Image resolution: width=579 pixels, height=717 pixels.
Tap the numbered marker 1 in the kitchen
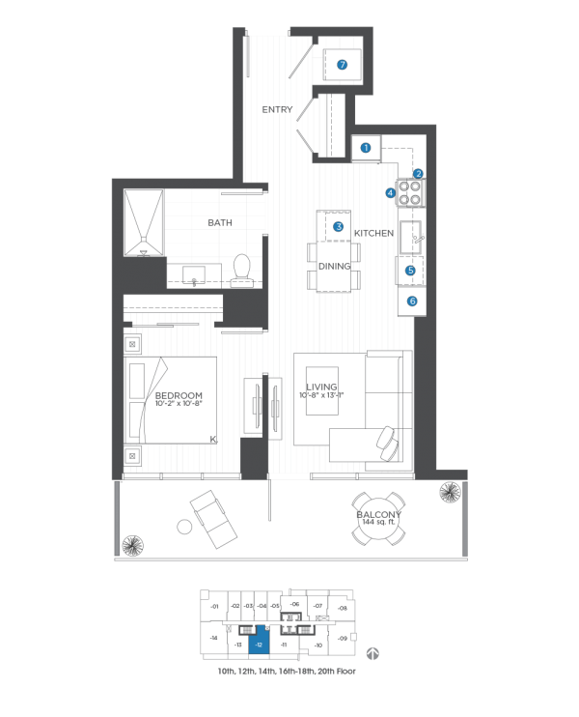[366, 148]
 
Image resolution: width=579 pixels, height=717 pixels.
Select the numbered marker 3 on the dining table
[339, 226]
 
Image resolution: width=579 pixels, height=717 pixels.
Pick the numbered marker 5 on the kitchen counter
[410, 272]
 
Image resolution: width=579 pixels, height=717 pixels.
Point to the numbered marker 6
[412, 301]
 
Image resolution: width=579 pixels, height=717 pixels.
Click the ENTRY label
[278, 110]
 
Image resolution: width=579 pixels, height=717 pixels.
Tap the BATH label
[219, 223]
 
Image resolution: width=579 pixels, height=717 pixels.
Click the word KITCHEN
[372, 234]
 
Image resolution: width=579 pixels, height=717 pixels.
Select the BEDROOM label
[178, 396]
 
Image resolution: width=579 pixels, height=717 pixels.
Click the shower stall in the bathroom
[145, 221]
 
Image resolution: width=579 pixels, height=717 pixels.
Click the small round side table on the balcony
[183, 528]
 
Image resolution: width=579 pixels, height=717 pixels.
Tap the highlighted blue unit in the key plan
[259, 642]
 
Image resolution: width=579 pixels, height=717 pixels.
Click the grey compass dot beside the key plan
[372, 653]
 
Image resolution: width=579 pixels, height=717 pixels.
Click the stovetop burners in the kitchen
[413, 191]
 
